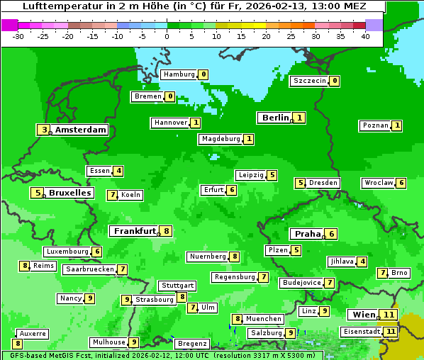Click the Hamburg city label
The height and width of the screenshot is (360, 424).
(x=179, y=74)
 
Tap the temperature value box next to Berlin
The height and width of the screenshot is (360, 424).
(x=300, y=118)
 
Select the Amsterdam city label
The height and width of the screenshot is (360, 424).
(x=81, y=130)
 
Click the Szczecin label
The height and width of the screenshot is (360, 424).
(x=310, y=81)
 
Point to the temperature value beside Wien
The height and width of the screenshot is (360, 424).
(x=388, y=315)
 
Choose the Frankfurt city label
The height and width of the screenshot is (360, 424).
(x=134, y=231)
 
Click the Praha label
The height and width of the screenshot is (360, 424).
(x=307, y=234)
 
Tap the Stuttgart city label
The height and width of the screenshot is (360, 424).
(x=177, y=286)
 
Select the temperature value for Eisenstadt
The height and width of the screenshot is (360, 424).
(x=390, y=331)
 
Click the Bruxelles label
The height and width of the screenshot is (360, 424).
(x=69, y=193)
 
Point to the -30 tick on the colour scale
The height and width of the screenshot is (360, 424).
(x=18, y=35)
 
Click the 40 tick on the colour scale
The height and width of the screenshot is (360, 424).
(x=365, y=35)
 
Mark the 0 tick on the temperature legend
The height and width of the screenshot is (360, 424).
(x=167, y=35)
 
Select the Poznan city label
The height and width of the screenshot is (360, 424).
(x=375, y=125)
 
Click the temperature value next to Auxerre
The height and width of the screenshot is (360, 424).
(x=17, y=344)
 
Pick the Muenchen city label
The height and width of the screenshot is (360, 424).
(x=264, y=319)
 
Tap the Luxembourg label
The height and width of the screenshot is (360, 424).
(x=67, y=252)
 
